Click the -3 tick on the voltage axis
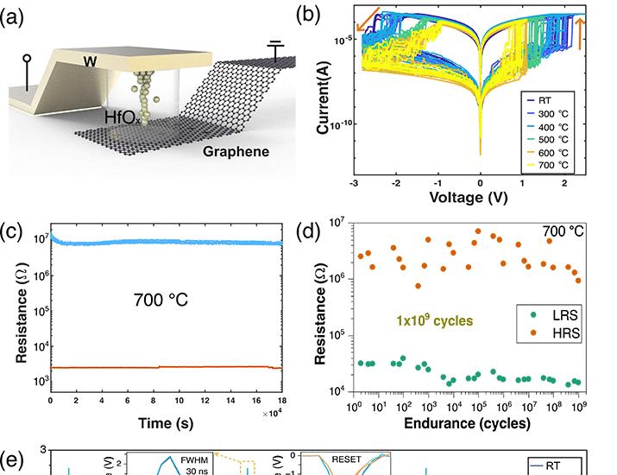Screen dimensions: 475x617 tap(354, 184)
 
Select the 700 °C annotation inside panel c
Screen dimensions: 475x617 tap(161, 301)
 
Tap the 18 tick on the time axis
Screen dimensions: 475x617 tap(281, 402)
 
